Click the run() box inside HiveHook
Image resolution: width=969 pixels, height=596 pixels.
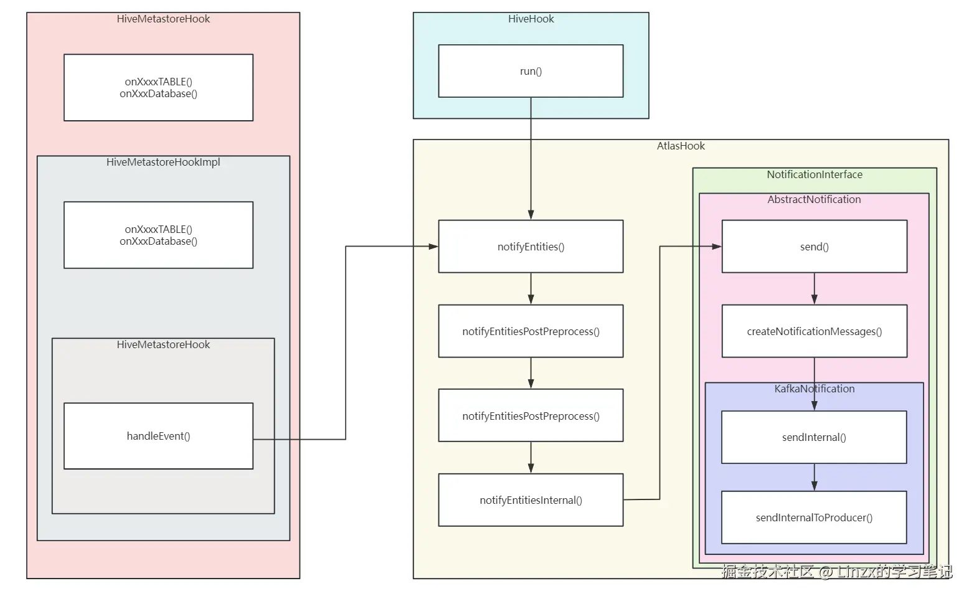click(531, 71)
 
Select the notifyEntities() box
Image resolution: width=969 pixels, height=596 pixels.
click(531, 247)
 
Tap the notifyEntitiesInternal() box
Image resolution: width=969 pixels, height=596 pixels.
click(531, 500)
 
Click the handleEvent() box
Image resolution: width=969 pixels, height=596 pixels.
click(158, 436)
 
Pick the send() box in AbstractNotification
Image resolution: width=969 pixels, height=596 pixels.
click(814, 247)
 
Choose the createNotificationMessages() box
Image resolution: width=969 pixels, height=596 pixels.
click(814, 331)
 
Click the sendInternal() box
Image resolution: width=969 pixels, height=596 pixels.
click(814, 437)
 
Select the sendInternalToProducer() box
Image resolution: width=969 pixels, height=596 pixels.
click(814, 518)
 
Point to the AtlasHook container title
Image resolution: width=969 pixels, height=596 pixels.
click(681, 146)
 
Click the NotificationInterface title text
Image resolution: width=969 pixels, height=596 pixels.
click(815, 174)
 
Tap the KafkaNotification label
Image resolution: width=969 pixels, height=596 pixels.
click(814, 389)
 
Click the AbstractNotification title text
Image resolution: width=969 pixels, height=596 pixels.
click(814, 199)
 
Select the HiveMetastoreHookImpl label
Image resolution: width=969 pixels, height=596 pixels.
click(163, 162)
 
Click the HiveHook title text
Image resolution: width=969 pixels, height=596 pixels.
click(531, 19)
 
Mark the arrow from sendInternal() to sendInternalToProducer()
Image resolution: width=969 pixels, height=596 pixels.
click(814, 478)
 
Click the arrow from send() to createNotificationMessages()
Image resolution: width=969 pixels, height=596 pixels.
click(814, 288)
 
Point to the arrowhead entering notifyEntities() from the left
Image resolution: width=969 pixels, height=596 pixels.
click(433, 247)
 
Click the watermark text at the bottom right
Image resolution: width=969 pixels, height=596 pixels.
click(836, 572)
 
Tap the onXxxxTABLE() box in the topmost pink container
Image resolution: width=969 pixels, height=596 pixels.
click(158, 88)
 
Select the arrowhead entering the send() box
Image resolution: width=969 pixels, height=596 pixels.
click(717, 247)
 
